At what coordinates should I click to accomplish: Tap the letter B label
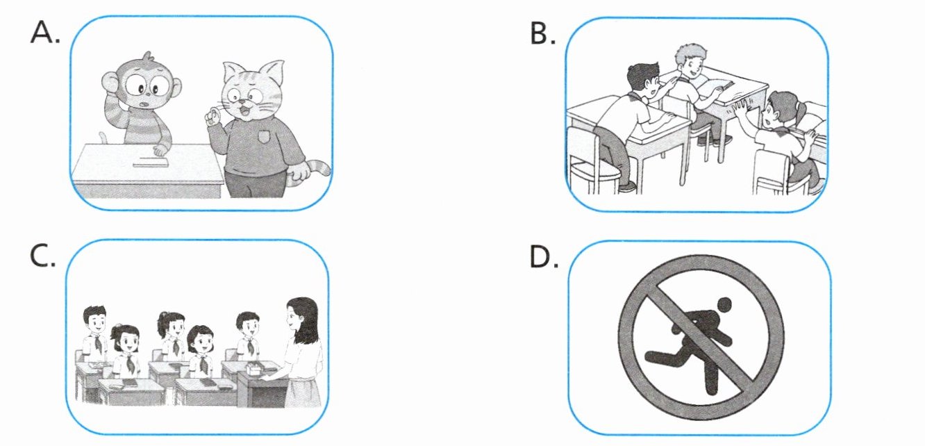click(x=542, y=33)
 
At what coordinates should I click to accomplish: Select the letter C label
click(x=42, y=256)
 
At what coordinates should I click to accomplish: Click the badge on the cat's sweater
click(x=263, y=136)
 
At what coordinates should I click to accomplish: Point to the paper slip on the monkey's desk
click(x=151, y=165)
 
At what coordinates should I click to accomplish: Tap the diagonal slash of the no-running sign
click(x=702, y=337)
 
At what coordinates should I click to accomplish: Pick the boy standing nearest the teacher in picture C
click(x=248, y=336)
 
